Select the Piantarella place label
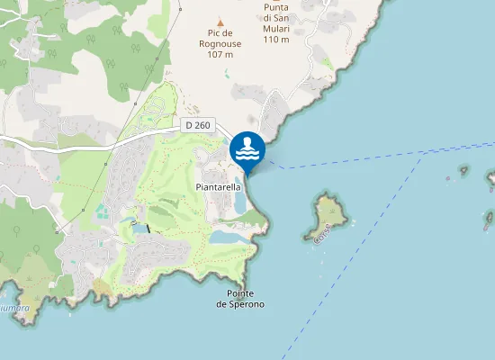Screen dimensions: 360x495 (218, 186)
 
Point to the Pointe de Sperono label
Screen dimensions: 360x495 (240, 300)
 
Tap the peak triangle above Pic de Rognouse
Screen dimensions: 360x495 (220, 22)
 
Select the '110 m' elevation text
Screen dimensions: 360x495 (276, 39)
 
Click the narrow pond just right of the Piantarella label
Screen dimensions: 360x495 (239, 203)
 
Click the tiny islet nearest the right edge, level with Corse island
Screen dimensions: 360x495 (488, 217)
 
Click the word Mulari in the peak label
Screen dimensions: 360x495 (276, 28)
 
